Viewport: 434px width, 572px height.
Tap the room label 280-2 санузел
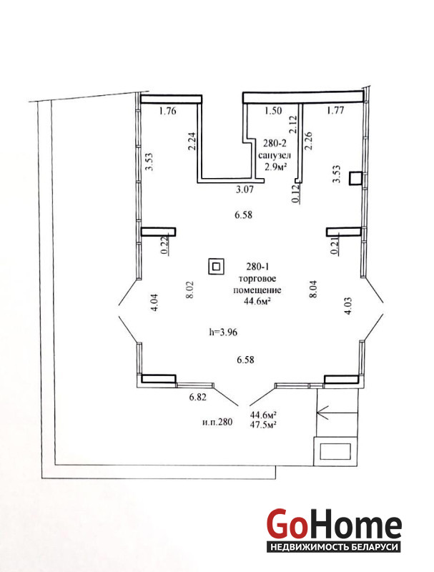pos(275,149)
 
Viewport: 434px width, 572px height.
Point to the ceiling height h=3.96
pos(223,332)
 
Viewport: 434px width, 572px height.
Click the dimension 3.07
pos(244,189)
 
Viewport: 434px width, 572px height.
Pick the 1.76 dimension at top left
pos(168,111)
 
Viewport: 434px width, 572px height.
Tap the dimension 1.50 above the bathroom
pos(273,111)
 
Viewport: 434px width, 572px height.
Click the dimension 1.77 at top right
pos(335,110)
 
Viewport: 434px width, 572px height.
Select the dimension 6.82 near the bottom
pos(197,397)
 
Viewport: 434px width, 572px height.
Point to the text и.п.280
pos(217,423)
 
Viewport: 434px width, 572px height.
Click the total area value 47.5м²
pos(262,425)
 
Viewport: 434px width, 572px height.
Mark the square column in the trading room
pos(216,267)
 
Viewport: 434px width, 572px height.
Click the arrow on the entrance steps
pos(337,413)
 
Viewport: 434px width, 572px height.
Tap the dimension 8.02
pos(189,290)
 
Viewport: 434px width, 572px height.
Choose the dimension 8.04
pos(313,290)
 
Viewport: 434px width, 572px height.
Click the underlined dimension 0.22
pos(164,245)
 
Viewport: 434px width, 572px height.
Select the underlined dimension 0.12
pos(296,194)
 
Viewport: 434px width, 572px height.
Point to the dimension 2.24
pos(193,141)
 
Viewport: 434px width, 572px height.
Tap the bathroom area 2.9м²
pos(275,167)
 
